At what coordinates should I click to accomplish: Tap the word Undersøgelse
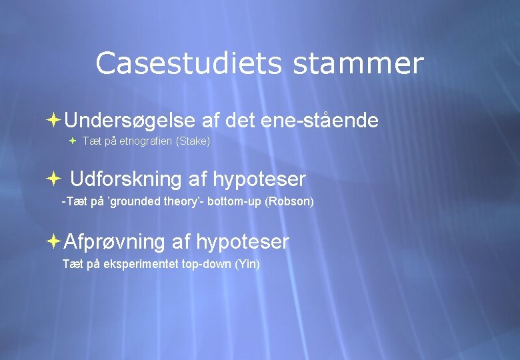click(130, 121)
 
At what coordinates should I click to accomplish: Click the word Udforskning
click(125, 179)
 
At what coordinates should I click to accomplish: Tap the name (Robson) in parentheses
click(289, 201)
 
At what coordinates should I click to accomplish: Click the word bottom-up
click(234, 201)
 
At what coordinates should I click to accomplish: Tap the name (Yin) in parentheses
click(247, 264)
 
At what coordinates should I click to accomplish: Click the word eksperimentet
click(141, 264)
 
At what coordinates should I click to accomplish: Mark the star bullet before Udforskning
click(54, 179)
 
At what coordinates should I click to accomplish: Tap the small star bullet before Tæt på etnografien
click(73, 141)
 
